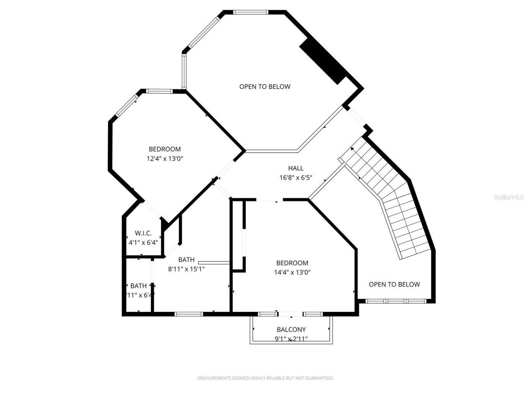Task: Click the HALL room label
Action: tap(295, 168)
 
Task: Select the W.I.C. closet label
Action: tap(143, 233)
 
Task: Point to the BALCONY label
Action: tap(291, 329)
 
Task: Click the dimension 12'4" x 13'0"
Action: tap(164, 158)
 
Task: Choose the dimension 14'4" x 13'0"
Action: tap(292, 272)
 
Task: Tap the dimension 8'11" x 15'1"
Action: tap(186, 269)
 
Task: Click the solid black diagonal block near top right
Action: tap(323, 62)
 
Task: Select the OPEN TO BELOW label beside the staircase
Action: tap(394, 284)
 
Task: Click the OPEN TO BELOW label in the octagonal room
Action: tap(265, 86)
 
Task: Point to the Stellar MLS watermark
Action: tap(509, 197)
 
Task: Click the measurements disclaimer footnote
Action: tap(265, 378)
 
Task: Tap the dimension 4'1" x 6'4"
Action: tap(143, 242)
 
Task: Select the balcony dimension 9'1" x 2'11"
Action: tap(291, 339)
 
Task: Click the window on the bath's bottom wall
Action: tap(189, 314)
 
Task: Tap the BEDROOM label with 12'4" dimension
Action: tap(164, 149)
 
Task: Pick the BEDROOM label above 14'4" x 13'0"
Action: tap(292, 263)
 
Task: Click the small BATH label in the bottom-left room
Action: tap(139, 286)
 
